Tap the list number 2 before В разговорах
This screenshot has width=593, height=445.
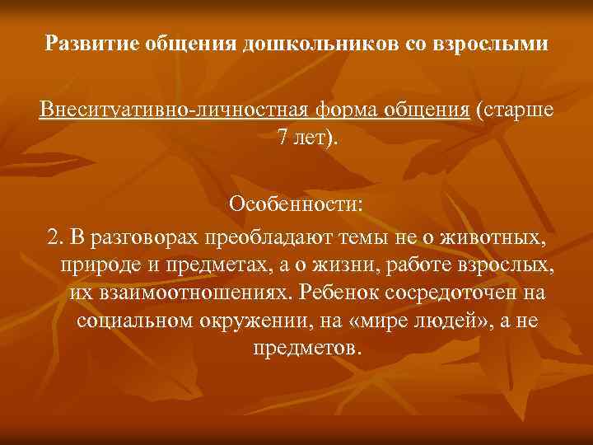54,238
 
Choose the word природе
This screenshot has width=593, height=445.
97,265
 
